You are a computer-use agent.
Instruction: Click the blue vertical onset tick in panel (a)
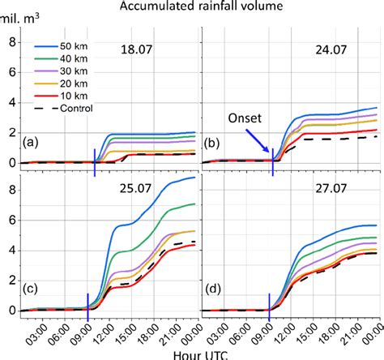coord(95,162)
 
